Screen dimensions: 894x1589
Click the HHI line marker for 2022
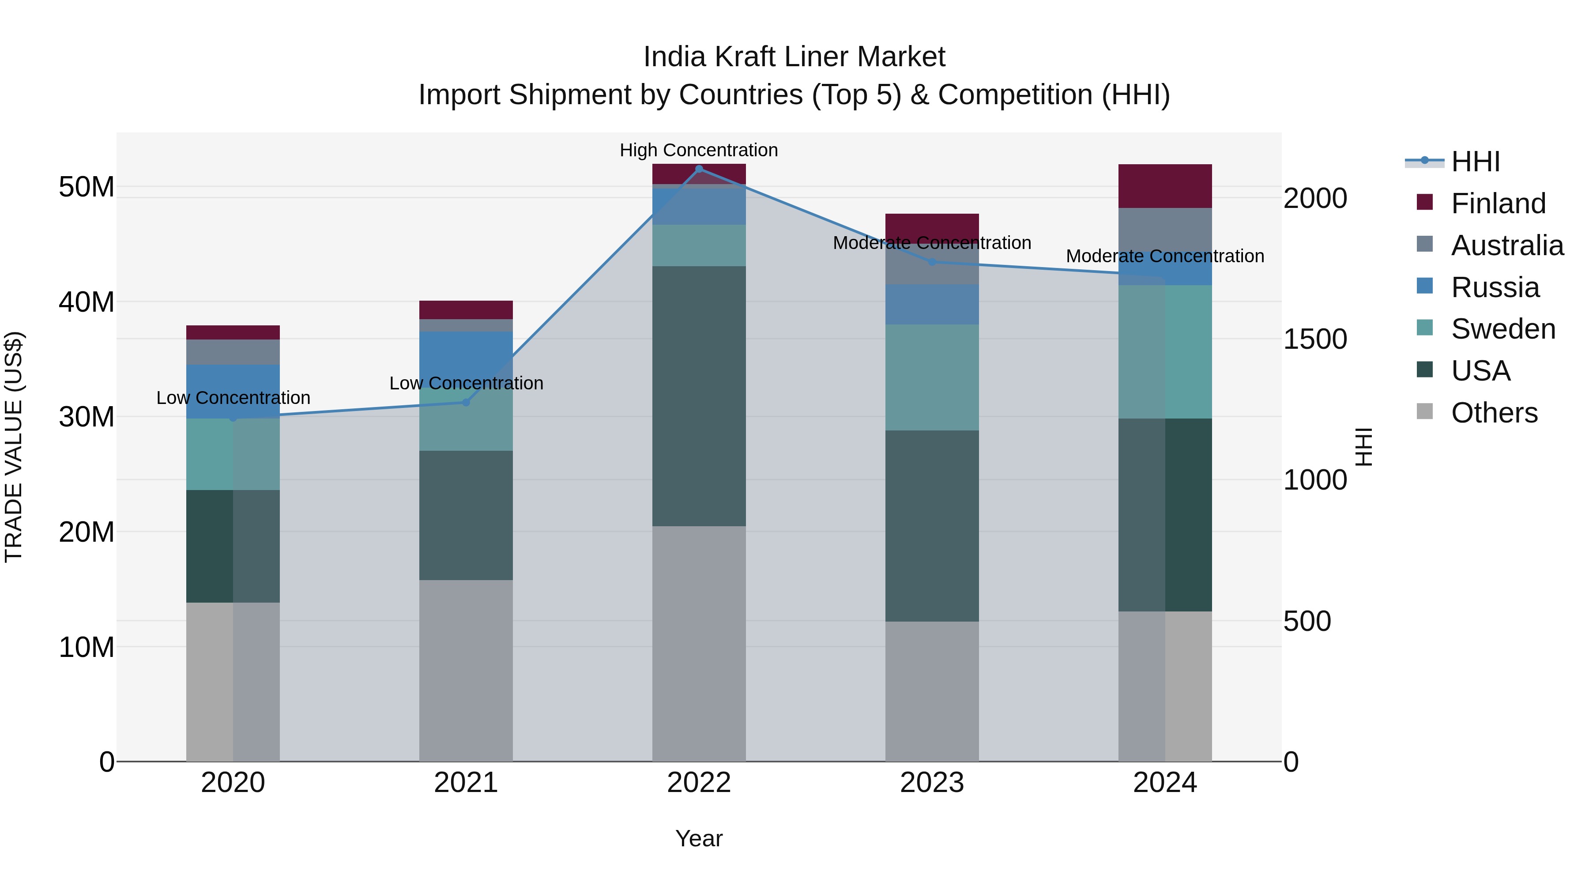699,169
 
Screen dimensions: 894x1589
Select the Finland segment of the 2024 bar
1165,186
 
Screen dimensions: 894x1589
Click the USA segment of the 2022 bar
699,396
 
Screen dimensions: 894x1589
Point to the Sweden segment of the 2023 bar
932,377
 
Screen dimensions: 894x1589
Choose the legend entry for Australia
1507,245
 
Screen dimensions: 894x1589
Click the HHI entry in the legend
1475,162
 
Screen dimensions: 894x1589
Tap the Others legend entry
1494,413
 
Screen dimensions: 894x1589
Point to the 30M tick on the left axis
87,417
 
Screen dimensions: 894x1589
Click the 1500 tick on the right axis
1314,339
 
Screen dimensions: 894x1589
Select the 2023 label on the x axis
932,783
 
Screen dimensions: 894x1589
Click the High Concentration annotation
699,150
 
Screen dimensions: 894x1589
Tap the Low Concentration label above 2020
233,398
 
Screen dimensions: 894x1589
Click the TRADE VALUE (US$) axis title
14,447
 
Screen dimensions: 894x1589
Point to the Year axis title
699,838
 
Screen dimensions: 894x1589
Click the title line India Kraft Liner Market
794,57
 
